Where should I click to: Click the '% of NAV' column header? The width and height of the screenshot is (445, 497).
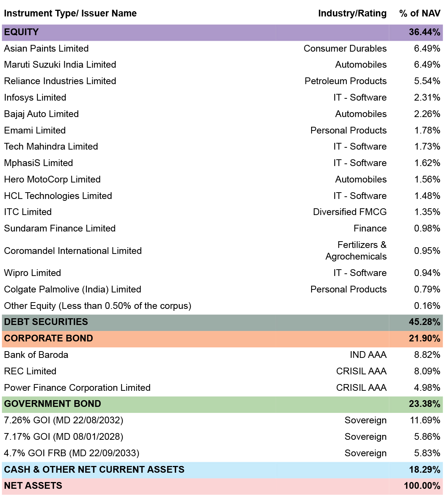tap(420, 13)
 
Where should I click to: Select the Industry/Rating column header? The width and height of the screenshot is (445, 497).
tap(352, 13)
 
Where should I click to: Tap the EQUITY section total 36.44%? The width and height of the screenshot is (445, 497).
tap(424, 32)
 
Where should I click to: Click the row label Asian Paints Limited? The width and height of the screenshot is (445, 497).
tap(46, 48)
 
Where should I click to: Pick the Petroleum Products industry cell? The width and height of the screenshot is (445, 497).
tap(346, 81)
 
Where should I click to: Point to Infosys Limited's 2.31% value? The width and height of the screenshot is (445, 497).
tap(427, 97)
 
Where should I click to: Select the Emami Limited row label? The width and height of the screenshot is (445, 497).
tap(35, 130)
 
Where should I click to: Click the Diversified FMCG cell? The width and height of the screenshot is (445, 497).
tap(350, 212)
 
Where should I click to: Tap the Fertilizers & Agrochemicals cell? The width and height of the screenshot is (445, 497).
tap(356, 251)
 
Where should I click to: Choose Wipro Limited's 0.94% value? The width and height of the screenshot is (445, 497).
tap(427, 273)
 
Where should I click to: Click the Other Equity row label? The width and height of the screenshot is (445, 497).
tap(98, 306)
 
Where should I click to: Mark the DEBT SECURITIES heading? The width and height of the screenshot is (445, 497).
tap(46, 322)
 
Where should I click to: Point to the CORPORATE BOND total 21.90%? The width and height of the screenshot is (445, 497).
tap(424, 338)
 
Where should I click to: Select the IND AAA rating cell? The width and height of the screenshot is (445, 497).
tap(368, 355)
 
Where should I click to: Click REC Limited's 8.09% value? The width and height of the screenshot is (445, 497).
tap(427, 371)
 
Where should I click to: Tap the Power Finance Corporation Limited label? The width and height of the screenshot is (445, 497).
tap(77, 387)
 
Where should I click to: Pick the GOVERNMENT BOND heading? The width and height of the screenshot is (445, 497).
tap(52, 404)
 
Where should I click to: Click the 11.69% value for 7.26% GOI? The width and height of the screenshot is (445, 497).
tap(425, 420)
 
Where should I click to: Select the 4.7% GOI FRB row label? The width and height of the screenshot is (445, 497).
tap(72, 453)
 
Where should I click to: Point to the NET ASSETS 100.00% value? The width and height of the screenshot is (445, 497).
tap(422, 485)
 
